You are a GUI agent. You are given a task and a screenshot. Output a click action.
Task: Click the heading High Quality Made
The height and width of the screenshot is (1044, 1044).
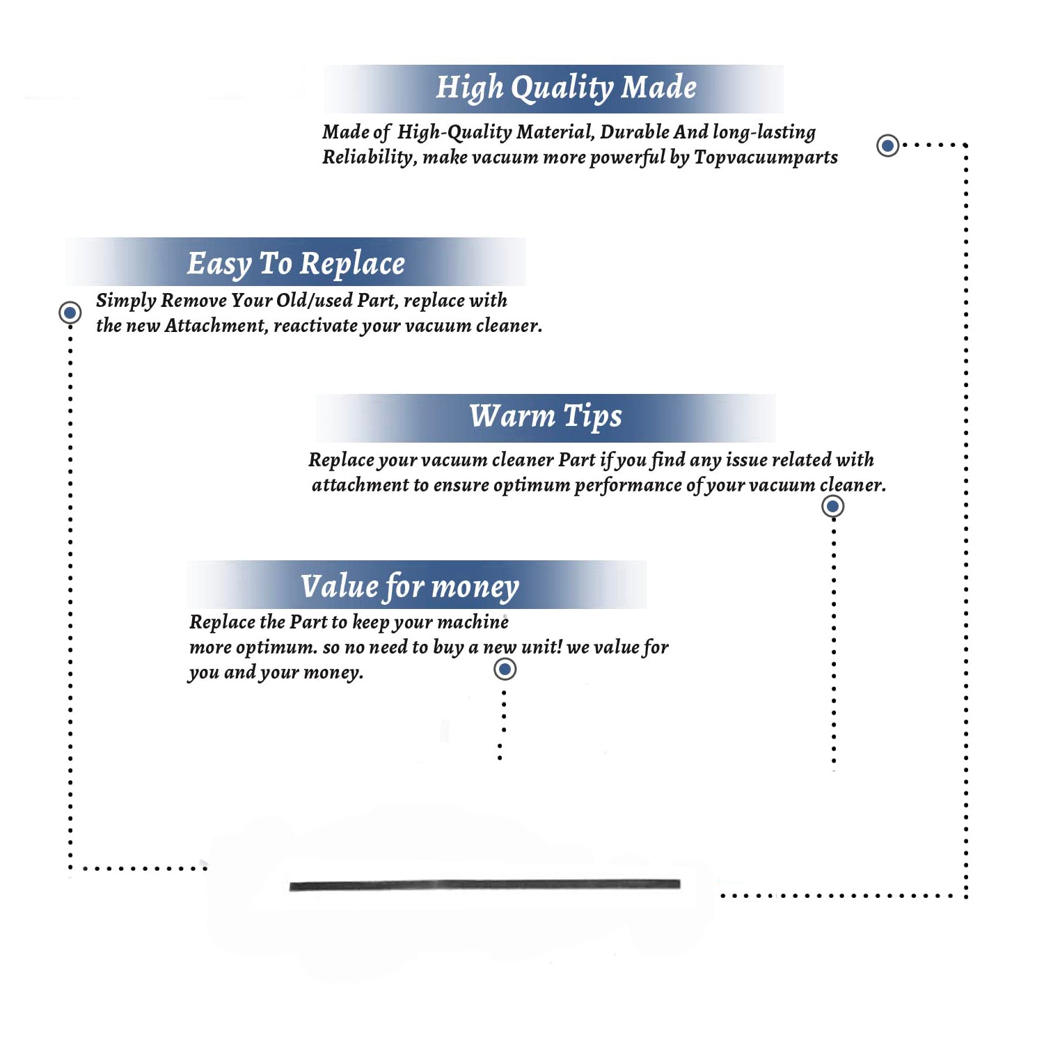click(566, 88)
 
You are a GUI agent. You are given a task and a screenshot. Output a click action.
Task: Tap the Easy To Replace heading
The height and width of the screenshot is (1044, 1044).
click(296, 264)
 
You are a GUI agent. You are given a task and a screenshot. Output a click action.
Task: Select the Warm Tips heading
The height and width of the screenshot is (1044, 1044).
click(545, 416)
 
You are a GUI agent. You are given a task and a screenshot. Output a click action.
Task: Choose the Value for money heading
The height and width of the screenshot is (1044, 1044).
click(409, 587)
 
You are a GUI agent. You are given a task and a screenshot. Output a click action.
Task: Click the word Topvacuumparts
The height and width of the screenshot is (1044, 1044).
click(766, 158)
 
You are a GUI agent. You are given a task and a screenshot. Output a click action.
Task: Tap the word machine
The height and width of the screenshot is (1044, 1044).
click(473, 622)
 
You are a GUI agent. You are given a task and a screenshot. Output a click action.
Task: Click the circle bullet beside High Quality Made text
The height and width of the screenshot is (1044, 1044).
click(887, 145)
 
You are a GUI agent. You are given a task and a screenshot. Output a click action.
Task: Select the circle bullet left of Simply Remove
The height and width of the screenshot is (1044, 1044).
click(70, 313)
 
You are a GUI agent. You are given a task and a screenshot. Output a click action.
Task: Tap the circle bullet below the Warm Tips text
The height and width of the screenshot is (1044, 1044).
click(832, 506)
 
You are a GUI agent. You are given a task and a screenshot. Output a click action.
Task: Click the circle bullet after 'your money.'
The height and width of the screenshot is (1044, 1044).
click(505, 669)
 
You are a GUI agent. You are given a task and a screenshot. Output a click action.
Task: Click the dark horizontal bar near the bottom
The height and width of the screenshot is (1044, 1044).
click(484, 885)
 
